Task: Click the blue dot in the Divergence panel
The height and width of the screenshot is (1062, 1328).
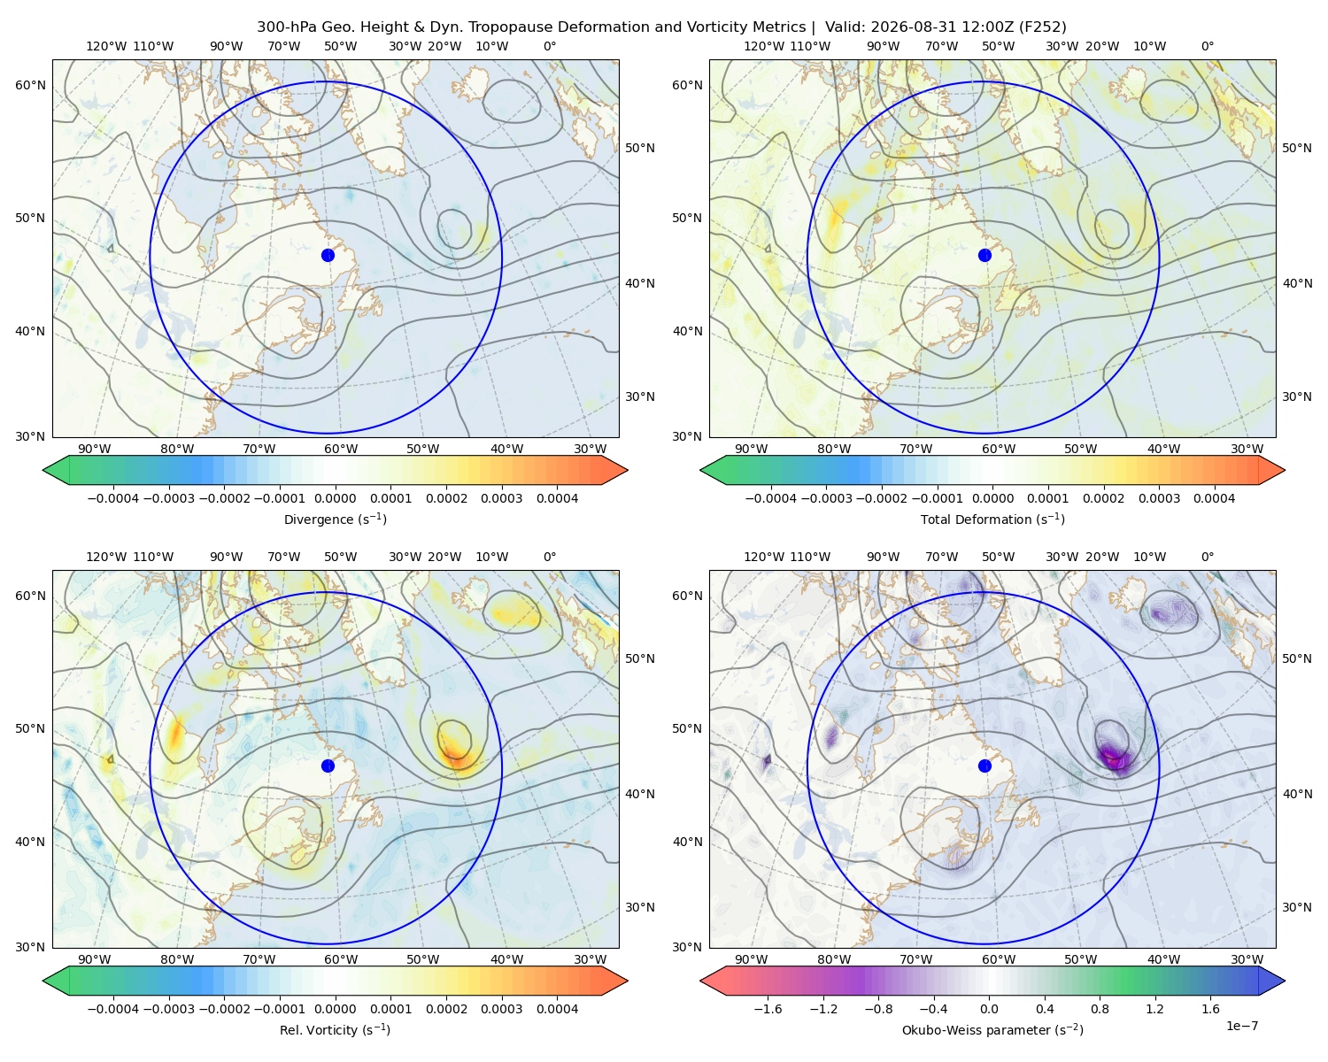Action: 328,255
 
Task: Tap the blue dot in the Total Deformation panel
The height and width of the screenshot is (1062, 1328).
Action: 984,255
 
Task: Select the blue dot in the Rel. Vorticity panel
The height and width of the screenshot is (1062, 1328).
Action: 328,766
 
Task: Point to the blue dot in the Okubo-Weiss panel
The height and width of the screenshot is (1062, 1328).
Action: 984,766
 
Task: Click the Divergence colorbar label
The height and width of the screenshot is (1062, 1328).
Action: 335,519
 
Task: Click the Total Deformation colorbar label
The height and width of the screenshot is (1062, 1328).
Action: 992,519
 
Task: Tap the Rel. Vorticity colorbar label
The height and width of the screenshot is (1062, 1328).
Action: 335,1029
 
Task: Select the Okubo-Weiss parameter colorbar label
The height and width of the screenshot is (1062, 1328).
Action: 992,1029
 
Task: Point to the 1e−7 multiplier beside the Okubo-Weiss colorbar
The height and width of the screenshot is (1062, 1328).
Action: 1241,1026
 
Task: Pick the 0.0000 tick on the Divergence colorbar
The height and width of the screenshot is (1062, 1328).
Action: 335,498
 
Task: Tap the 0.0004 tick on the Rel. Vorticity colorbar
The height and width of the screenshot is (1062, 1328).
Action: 557,1009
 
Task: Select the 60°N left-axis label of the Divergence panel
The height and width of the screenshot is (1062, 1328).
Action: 30,85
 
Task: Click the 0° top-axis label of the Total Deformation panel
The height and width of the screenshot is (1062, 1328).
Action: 1207,46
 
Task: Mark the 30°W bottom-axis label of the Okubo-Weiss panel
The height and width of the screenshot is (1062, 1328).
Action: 1247,959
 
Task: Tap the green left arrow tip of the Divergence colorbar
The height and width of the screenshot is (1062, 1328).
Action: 43,471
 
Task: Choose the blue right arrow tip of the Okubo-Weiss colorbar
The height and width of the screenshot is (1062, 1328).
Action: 1285,981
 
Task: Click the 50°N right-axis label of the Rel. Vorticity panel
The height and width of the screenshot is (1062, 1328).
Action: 640,658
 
